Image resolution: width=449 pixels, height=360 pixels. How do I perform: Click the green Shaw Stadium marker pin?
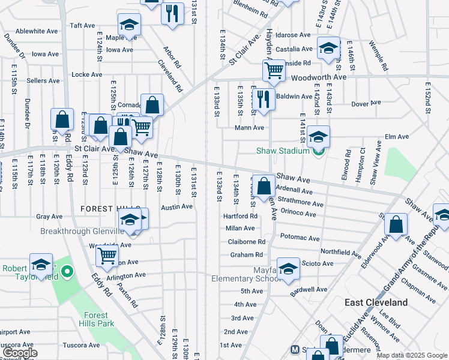pos(318,151)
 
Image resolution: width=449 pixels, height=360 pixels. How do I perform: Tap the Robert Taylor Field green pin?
pos(67,273)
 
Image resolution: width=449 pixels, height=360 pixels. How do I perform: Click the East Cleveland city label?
pos(376,302)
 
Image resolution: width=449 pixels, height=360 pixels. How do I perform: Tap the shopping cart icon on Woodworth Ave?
pos(274,70)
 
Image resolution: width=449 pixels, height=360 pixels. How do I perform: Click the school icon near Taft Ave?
pos(129,25)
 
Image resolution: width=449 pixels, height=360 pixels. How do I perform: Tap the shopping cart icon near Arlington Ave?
pos(107,255)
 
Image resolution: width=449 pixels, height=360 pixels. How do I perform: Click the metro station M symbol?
pos(295,350)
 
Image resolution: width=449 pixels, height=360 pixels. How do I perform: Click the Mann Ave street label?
pos(249,127)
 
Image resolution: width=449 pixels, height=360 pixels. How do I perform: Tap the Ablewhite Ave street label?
pos(37,31)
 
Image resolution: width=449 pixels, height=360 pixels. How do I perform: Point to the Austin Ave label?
pos(176,206)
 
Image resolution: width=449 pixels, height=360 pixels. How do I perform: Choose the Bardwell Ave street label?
pos(309,289)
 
